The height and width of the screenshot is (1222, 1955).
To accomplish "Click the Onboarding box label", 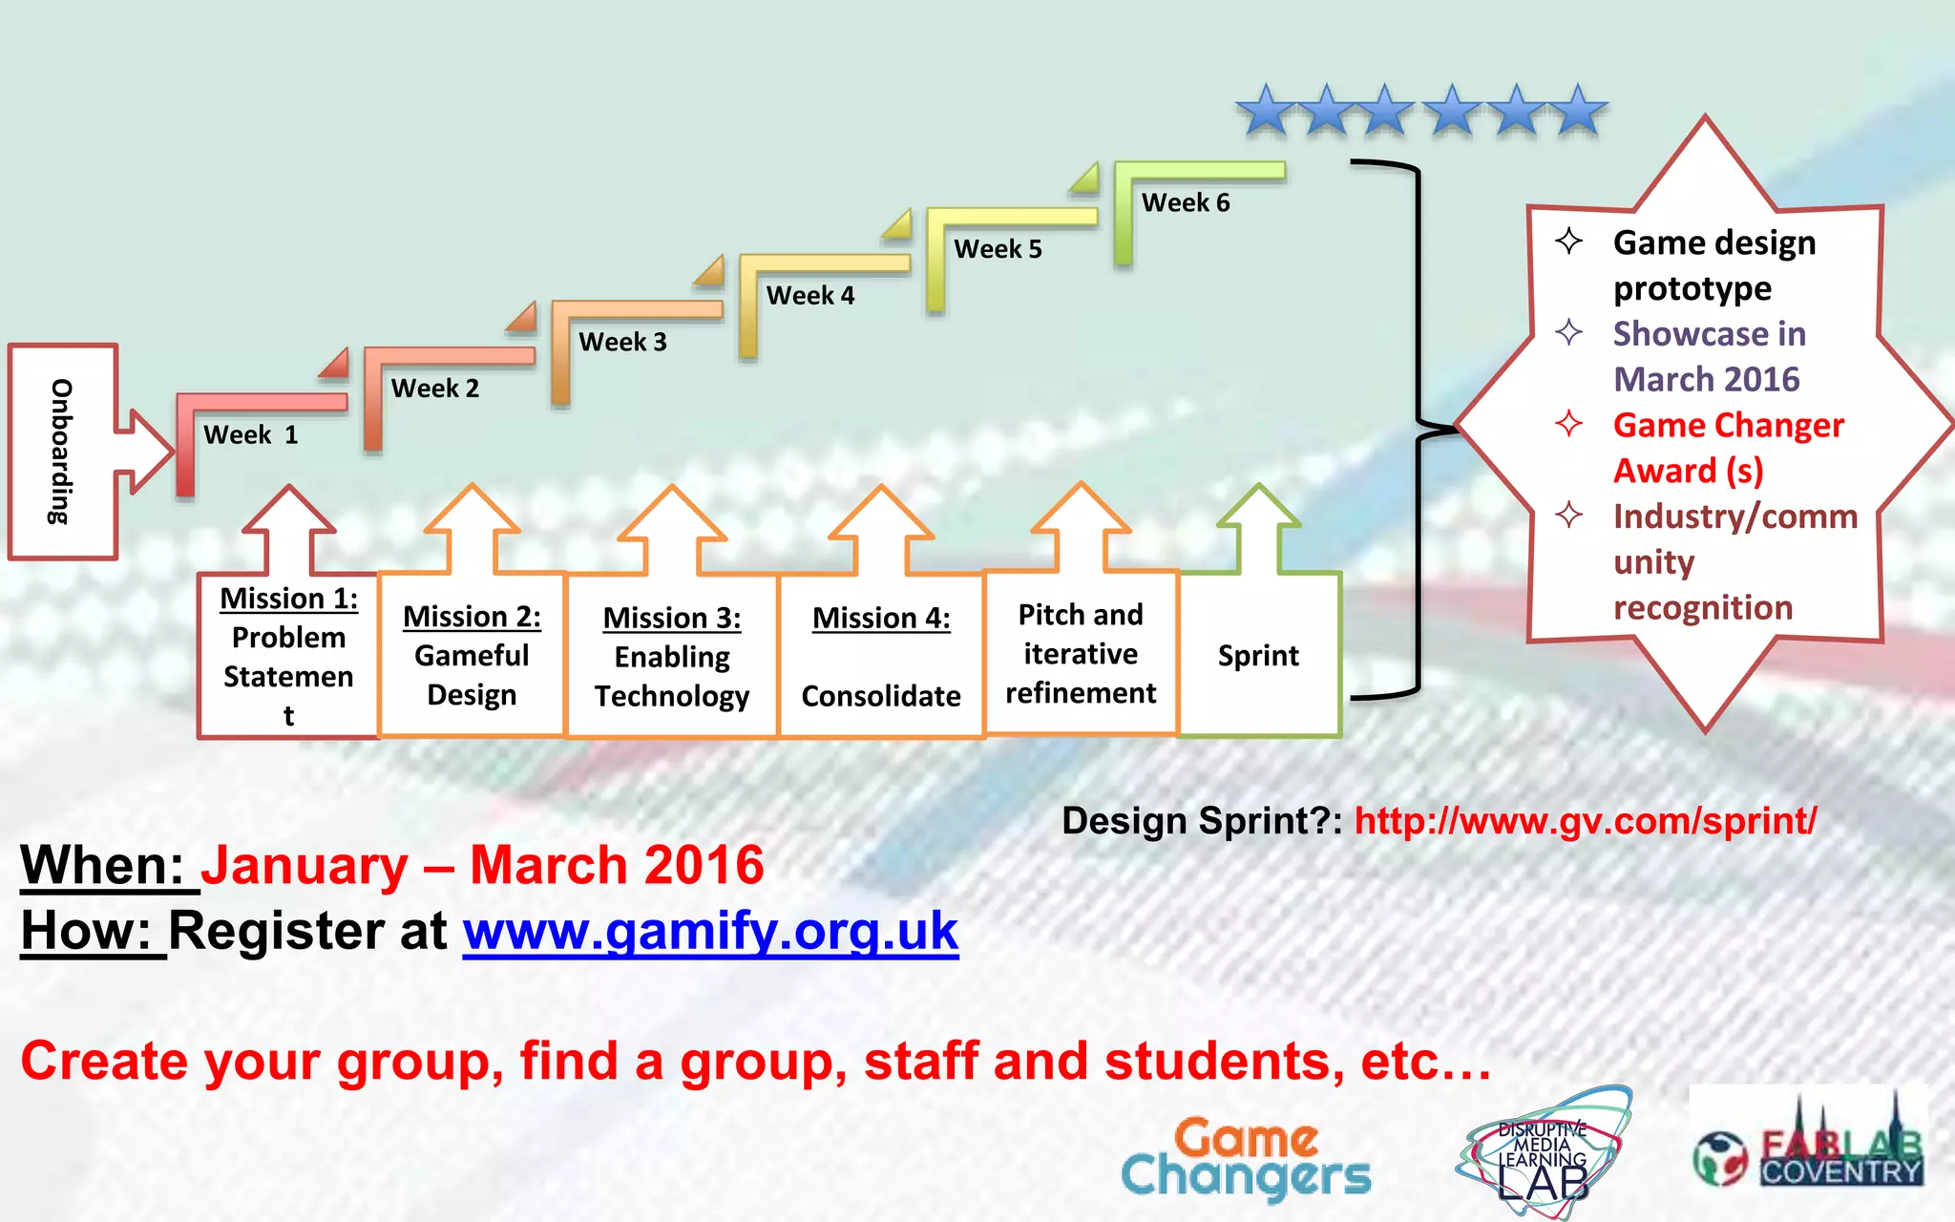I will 61,452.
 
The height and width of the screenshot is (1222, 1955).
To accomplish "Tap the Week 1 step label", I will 250,435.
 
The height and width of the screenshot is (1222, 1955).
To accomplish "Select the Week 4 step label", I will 810,296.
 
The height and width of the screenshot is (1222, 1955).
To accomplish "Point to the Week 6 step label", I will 1186,203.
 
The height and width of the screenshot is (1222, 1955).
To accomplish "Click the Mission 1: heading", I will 288,599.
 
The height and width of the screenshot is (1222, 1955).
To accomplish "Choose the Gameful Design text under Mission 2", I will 472,675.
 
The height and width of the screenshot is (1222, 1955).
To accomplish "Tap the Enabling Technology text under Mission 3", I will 672,677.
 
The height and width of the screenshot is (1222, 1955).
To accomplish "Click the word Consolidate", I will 881,696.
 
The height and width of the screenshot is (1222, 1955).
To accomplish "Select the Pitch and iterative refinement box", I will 1081,654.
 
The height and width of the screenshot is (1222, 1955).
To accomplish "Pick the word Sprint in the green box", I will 1258,656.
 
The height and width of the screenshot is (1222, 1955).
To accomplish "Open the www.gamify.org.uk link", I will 710,931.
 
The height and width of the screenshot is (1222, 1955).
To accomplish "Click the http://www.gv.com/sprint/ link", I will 1585,821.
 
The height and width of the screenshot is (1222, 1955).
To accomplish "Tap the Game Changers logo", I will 1246,1158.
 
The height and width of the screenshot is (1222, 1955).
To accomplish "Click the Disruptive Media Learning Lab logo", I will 1543,1153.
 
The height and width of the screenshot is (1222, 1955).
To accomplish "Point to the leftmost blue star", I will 1267,111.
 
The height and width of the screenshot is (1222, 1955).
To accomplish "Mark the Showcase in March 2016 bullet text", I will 1709,356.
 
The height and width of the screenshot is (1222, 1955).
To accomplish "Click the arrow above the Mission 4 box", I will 881,530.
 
